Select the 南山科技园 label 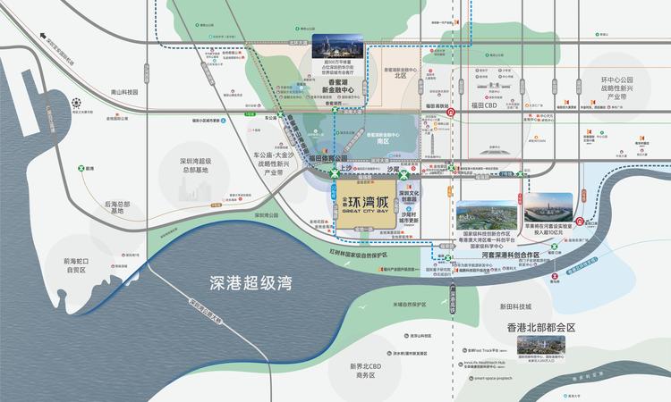[x=119, y=92]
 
